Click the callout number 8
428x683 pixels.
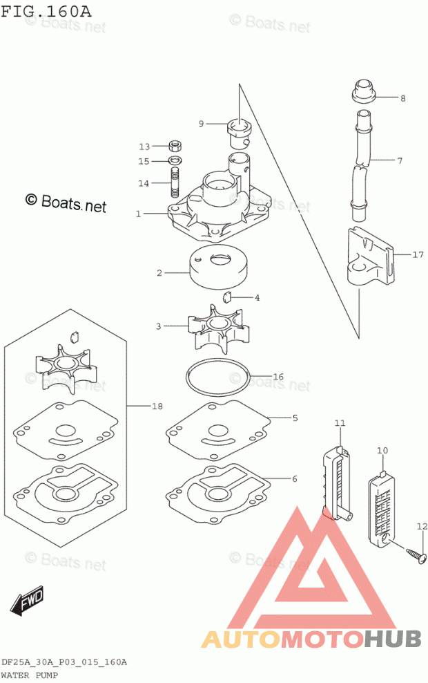coord(402,98)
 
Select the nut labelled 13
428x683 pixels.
coord(175,145)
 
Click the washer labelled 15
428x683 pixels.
coord(175,160)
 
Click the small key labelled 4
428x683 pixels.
coord(227,297)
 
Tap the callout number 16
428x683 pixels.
coord(278,377)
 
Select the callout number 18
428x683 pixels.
coord(157,406)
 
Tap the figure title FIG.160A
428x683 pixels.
coord(46,10)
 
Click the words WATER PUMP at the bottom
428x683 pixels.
coord(30,675)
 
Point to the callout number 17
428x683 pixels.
coord(418,254)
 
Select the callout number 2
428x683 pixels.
coord(159,273)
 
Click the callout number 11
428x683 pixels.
coord(340,422)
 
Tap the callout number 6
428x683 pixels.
coord(295,479)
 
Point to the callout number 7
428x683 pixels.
coord(400,161)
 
